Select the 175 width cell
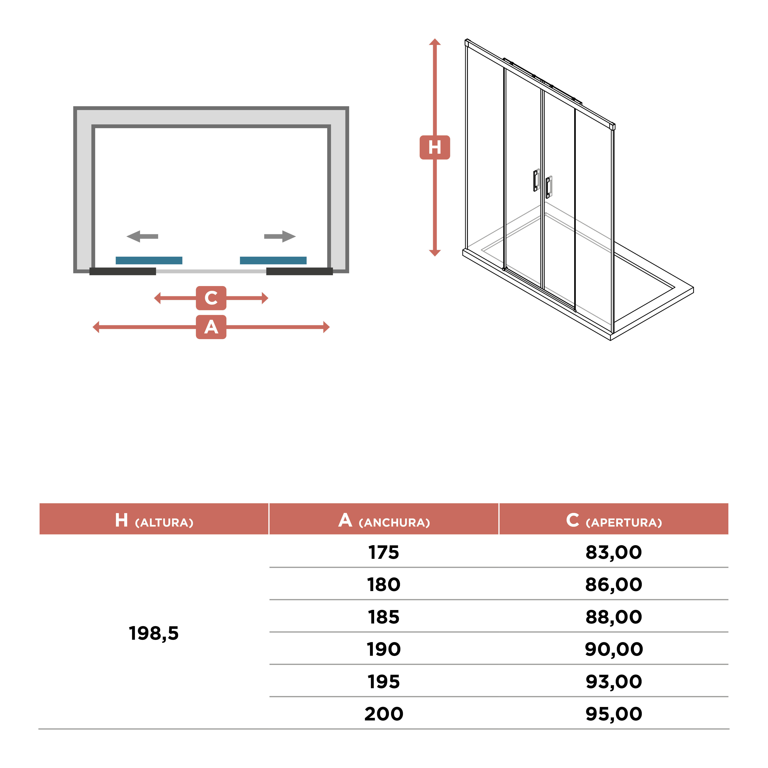384,552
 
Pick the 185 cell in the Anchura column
384,617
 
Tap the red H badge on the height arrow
435,147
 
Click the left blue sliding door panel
149,260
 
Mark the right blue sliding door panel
273,260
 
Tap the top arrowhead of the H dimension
435,42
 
